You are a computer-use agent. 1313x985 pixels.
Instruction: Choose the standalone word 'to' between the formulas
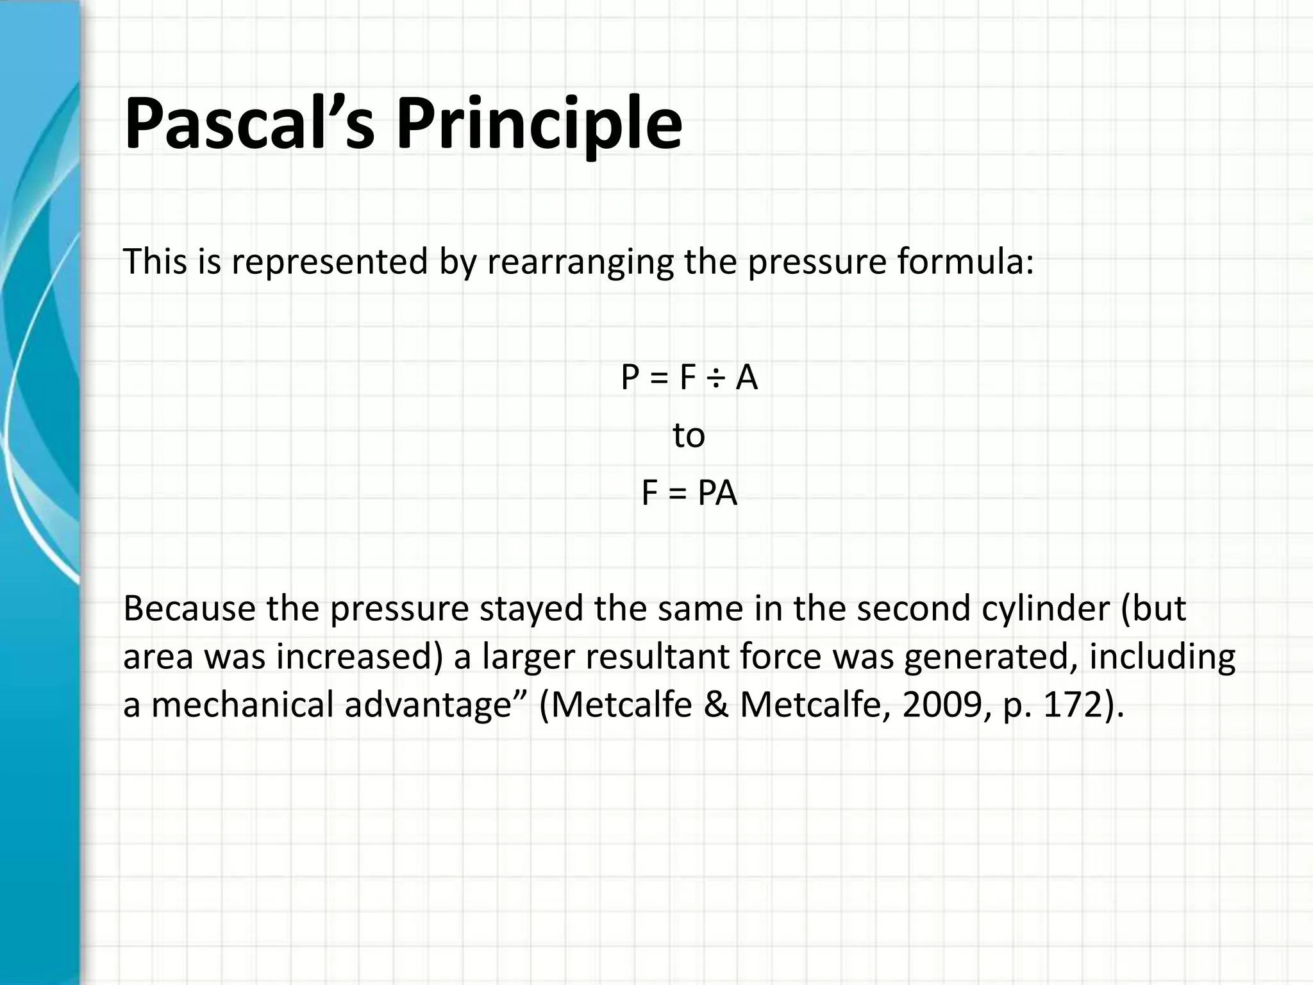[689, 436]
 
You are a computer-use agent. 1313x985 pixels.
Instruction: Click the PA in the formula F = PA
[717, 494]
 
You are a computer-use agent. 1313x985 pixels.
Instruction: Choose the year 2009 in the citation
[941, 705]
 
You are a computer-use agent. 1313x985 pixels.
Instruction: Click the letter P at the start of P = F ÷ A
[630, 378]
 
